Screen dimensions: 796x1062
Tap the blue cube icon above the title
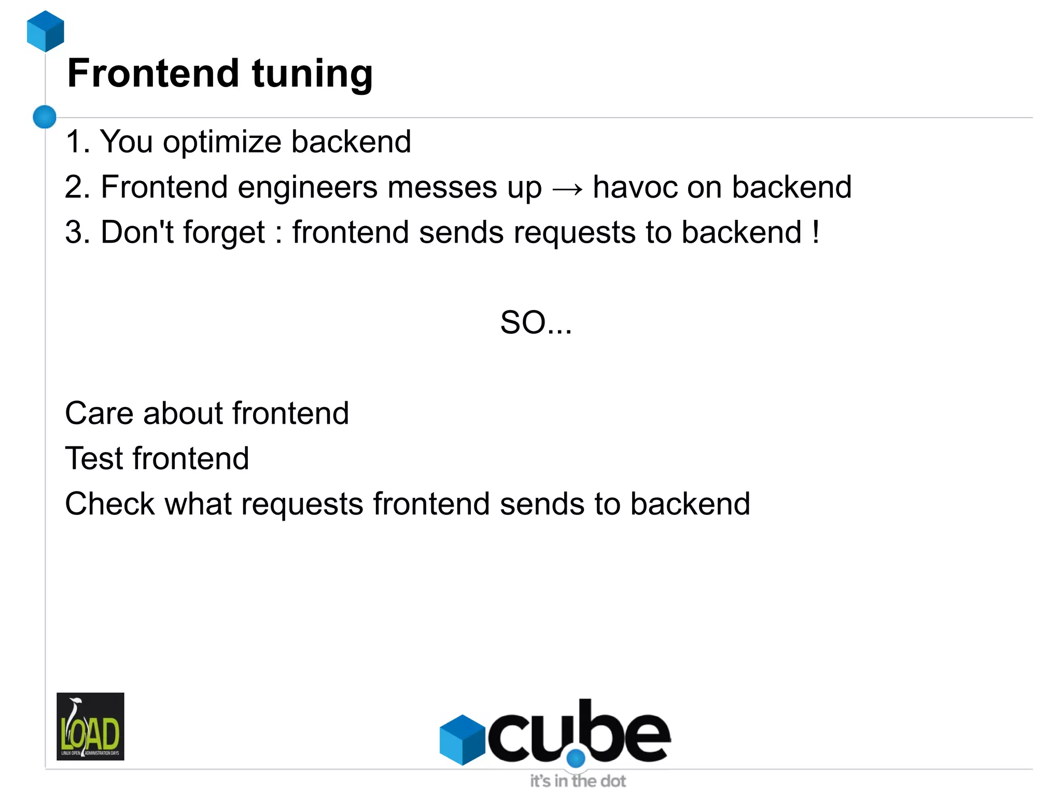46,31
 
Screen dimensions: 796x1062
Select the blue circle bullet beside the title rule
45,117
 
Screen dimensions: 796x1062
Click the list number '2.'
78,187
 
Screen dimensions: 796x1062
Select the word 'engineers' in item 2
308,188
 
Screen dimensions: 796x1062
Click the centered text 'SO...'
536,323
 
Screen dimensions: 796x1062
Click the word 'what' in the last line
198,504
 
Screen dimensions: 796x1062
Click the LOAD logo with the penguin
90,726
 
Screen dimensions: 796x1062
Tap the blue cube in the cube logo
462,739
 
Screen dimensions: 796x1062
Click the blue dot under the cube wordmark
576,758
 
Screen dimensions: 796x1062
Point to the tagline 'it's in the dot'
578,780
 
